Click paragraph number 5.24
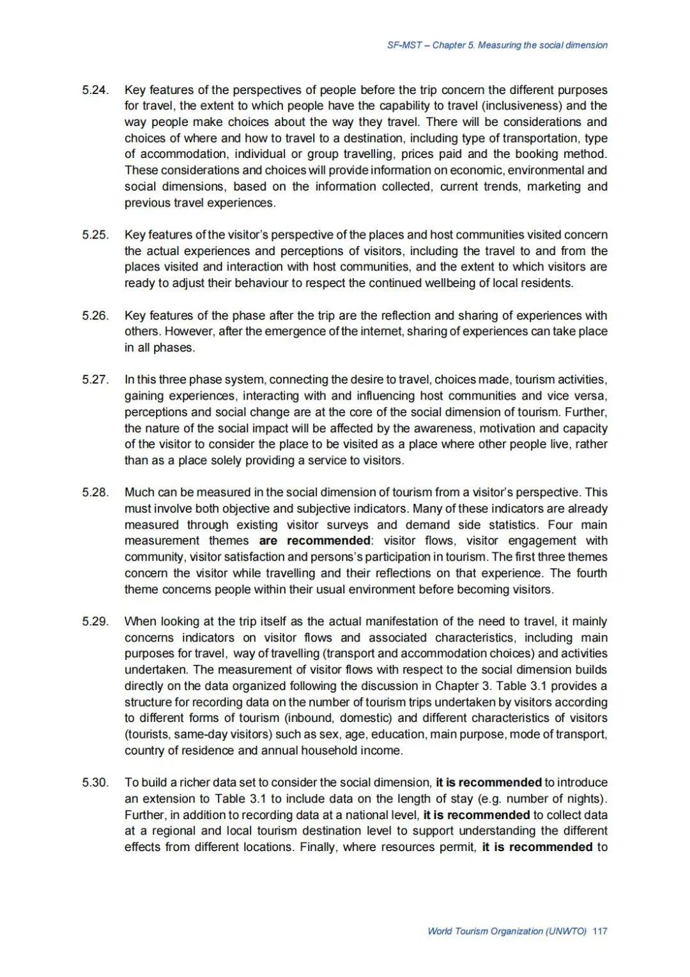click(x=95, y=90)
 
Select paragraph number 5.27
click(x=95, y=380)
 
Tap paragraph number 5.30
click(x=95, y=783)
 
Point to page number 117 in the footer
click(x=600, y=931)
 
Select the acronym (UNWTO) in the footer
click(x=566, y=931)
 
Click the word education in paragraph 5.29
click(x=397, y=734)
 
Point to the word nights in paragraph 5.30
click(x=582, y=799)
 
